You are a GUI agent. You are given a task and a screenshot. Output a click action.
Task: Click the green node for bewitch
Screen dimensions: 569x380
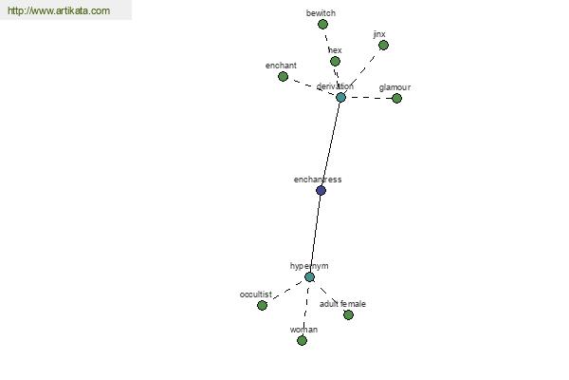pyautogui.click(x=322, y=25)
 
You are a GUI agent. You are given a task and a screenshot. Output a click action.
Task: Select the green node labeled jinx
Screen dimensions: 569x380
pyautogui.click(x=383, y=46)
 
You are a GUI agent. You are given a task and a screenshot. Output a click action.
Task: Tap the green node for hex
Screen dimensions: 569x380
pyautogui.click(x=335, y=61)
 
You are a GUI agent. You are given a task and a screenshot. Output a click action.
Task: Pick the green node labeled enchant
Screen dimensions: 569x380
pyautogui.click(x=283, y=76)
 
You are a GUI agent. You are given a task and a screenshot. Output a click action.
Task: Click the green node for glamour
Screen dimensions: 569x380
pyautogui.click(x=396, y=98)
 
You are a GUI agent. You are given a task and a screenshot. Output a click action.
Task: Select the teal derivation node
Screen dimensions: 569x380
pyautogui.click(x=340, y=97)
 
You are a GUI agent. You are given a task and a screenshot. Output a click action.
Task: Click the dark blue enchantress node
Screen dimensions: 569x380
pyautogui.click(x=321, y=190)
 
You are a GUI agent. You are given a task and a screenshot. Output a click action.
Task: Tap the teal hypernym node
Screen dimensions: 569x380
pyautogui.click(x=309, y=277)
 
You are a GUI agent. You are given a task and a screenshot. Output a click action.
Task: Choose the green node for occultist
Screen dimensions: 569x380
pyautogui.click(x=262, y=306)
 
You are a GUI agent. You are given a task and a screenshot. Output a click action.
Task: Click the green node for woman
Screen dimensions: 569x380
pyautogui.click(x=302, y=340)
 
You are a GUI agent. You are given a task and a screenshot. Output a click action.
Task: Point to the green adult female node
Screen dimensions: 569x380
pyautogui.click(x=348, y=314)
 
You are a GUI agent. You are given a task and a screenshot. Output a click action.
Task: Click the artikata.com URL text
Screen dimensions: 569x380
pyautogui.click(x=59, y=10)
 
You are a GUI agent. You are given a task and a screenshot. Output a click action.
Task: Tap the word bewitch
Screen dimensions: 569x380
pyautogui.click(x=321, y=13)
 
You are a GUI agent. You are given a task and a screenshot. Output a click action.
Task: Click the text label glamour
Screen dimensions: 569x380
pyautogui.click(x=395, y=87)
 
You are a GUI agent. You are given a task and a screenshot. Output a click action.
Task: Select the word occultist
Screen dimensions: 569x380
pyautogui.click(x=256, y=294)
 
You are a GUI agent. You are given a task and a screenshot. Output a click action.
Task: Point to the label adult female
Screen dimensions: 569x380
pyautogui.click(x=342, y=304)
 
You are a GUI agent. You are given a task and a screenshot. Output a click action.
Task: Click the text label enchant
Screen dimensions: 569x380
pyautogui.click(x=281, y=66)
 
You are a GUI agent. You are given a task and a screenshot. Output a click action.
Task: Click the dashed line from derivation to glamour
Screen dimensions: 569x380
pyautogui.click(x=368, y=98)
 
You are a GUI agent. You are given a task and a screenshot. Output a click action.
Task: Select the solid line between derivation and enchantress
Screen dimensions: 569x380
pyautogui.click(x=331, y=143)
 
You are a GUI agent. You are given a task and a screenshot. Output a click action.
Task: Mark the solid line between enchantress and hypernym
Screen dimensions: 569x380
pyautogui.click(x=315, y=234)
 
